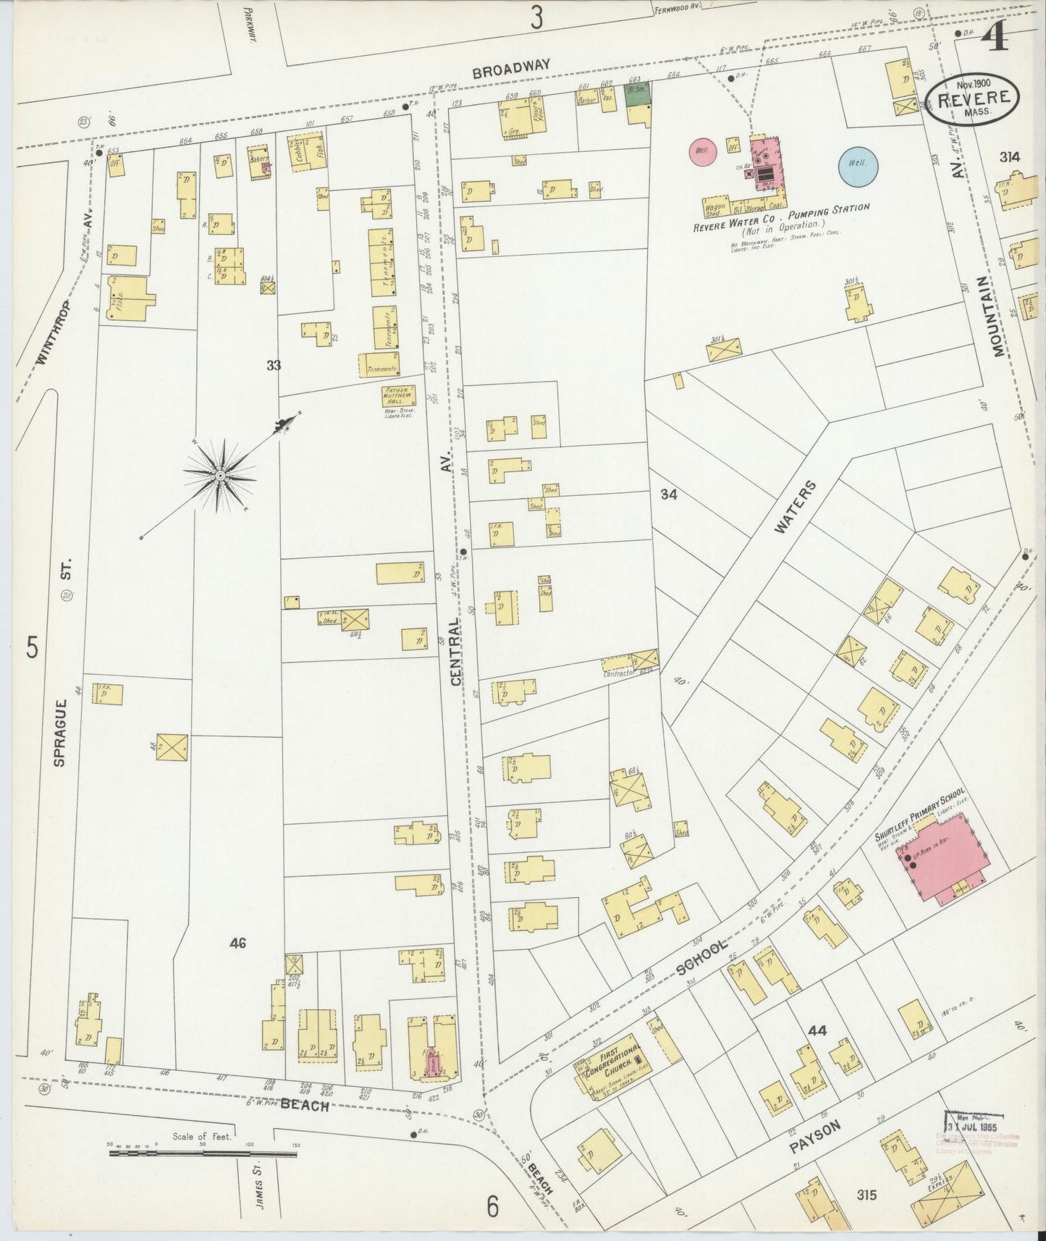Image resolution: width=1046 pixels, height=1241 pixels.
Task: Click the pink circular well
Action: [x=702, y=151]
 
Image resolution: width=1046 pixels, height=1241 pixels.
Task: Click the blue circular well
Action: [x=859, y=164]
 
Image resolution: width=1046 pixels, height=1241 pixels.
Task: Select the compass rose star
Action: [x=219, y=476]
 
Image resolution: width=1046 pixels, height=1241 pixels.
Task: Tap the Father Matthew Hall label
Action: [x=400, y=397]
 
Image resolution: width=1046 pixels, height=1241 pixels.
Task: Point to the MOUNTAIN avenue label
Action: [x=1000, y=316]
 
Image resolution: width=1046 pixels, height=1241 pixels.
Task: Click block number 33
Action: [x=273, y=366]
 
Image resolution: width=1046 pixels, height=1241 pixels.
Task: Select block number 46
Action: [x=237, y=943]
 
